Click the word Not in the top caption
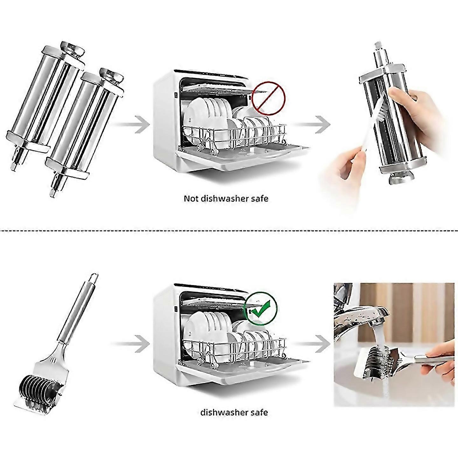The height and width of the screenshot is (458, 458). pyautogui.click(x=191, y=198)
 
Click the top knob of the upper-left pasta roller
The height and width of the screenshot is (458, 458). pyautogui.click(x=73, y=48)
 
